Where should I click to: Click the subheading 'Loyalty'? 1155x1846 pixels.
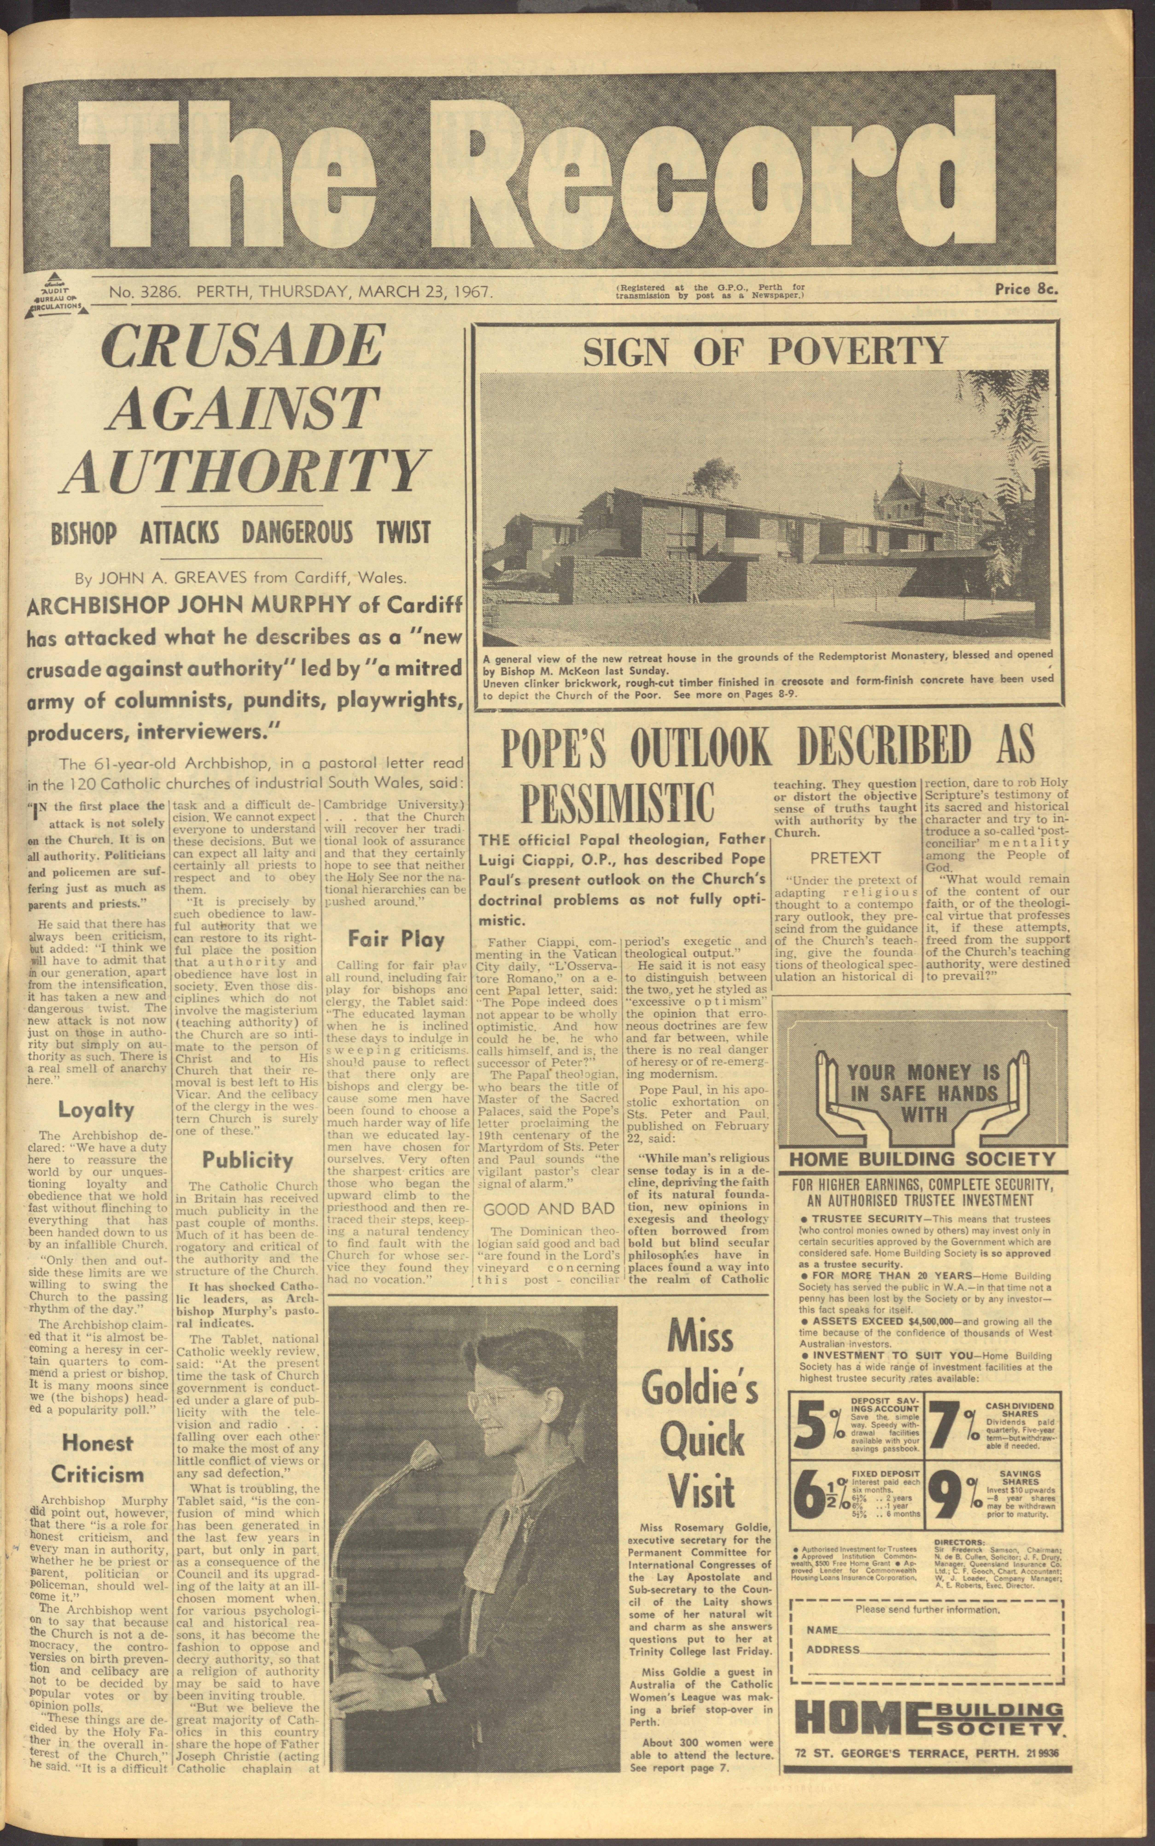click(96, 1109)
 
